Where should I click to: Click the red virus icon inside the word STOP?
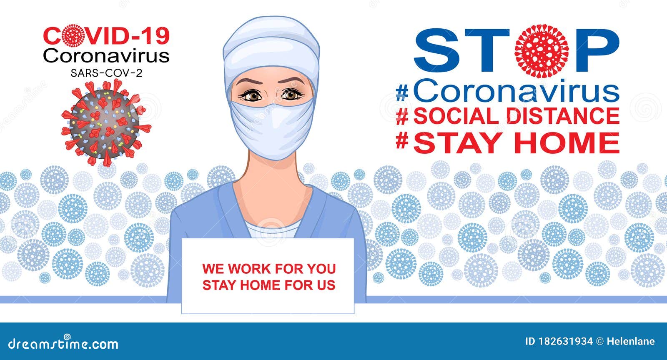tap(542, 51)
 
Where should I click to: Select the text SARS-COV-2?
tap(106, 73)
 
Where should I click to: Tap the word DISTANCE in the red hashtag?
tap(563, 115)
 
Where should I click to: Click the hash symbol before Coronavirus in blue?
tap(402, 93)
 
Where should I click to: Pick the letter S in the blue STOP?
tap(435, 50)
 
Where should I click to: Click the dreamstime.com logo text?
tap(63, 344)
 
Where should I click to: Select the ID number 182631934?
tap(565, 341)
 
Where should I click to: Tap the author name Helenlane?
tap(631, 341)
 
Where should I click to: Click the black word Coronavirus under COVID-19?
tap(106, 56)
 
